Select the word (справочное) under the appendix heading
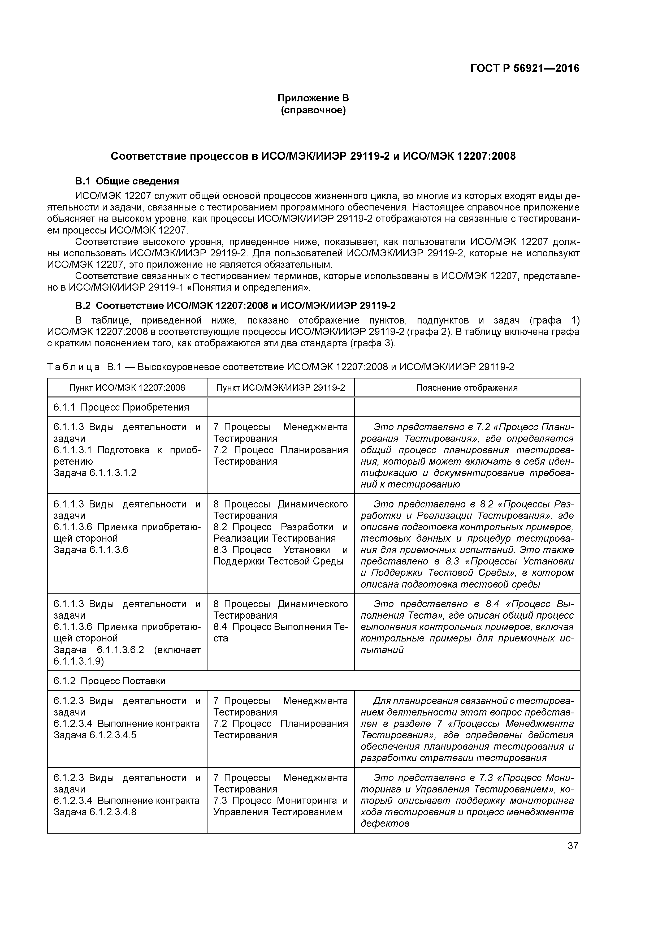[313, 110]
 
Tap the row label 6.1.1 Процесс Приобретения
[121, 407]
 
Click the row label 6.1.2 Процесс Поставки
[110, 681]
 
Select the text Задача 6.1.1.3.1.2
[95, 473]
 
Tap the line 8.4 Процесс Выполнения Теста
[280, 627]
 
